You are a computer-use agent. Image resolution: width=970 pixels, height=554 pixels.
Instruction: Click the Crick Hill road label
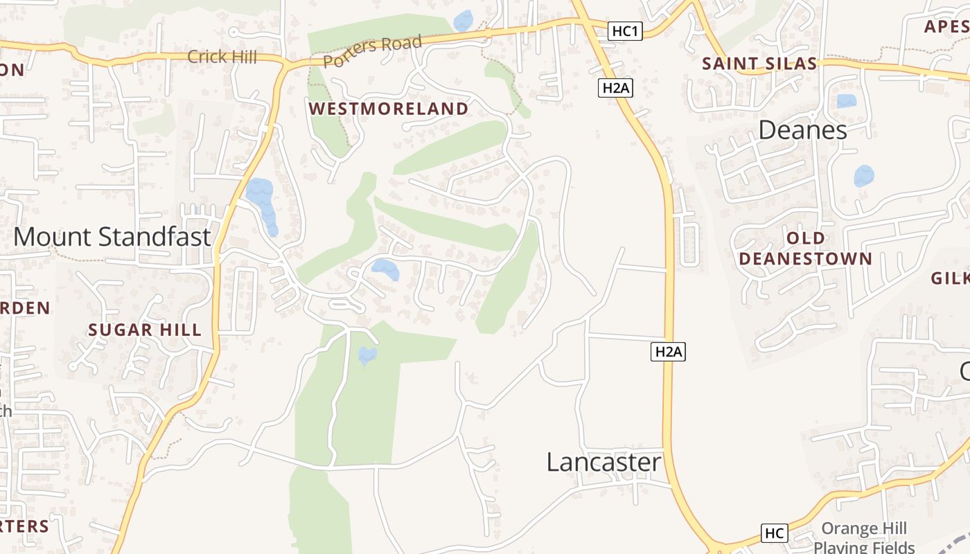[222, 57]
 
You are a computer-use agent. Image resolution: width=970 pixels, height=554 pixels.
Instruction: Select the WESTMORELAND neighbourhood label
[389, 109]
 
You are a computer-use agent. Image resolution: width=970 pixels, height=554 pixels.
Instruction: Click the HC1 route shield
[626, 31]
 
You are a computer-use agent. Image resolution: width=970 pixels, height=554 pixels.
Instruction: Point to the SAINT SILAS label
[759, 64]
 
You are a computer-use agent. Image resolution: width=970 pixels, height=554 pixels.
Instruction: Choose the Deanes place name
[802, 130]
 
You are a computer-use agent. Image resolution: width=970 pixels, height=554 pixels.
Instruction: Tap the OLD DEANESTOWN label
[805, 249]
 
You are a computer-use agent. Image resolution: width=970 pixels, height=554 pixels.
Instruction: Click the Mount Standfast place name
[112, 237]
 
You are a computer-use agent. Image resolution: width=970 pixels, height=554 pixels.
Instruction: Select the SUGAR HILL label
[145, 330]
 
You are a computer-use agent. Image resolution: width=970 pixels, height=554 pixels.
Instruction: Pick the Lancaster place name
[603, 462]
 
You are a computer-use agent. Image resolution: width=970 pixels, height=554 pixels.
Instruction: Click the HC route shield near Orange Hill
[774, 533]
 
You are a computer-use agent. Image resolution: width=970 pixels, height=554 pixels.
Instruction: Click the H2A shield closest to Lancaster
[669, 352]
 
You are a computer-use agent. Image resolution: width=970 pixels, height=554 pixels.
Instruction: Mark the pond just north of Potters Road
[463, 20]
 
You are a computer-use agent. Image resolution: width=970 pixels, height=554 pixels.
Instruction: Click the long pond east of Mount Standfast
[261, 201]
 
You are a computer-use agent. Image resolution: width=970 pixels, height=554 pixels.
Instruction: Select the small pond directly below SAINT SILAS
[846, 101]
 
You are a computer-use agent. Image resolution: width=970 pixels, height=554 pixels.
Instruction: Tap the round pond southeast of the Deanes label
[863, 176]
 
